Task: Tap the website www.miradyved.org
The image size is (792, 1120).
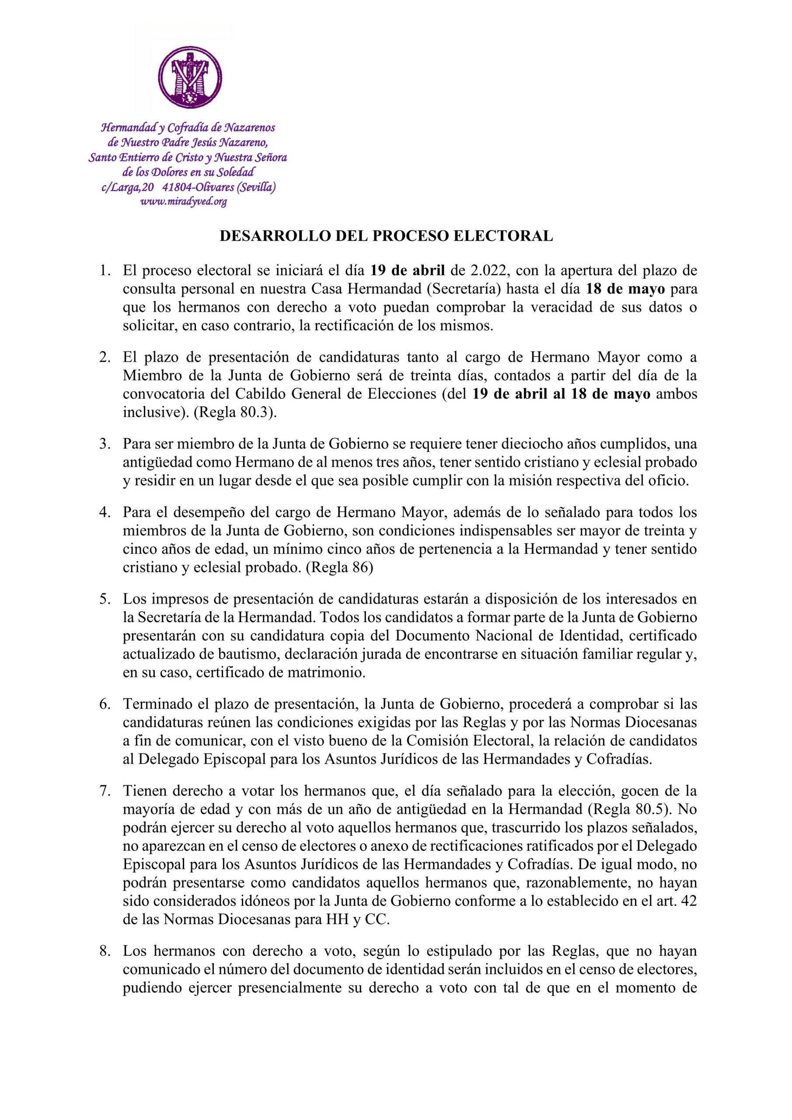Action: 183,201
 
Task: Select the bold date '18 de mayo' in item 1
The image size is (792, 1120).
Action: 625,289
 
